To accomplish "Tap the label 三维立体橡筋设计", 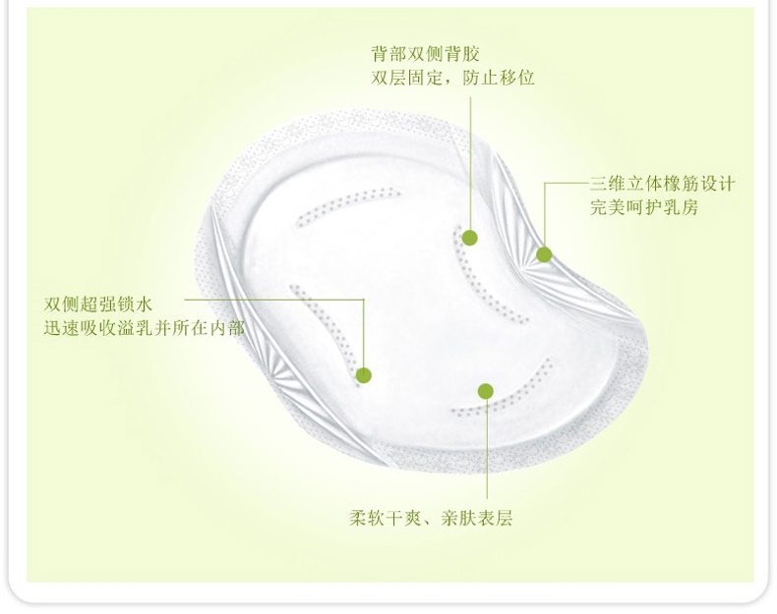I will [x=662, y=184].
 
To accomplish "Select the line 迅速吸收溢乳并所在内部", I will [x=144, y=328].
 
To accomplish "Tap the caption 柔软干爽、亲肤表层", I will [x=431, y=518].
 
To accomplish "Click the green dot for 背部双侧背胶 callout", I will [x=470, y=238].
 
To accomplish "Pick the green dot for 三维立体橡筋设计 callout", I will [x=544, y=254].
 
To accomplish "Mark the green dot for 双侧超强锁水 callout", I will [x=364, y=374].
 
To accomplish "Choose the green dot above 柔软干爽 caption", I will [x=485, y=391].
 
